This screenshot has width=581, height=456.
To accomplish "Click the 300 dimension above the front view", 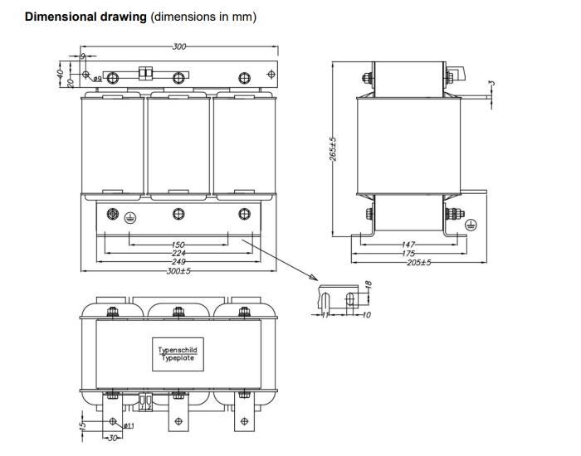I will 178,46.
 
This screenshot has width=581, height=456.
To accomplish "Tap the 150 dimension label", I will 178,245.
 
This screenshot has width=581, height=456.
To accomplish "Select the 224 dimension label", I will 178,253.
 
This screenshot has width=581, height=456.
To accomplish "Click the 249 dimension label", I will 178,260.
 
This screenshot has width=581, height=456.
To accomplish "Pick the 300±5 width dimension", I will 178,270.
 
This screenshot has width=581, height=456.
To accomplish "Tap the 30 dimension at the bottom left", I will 110,439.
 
